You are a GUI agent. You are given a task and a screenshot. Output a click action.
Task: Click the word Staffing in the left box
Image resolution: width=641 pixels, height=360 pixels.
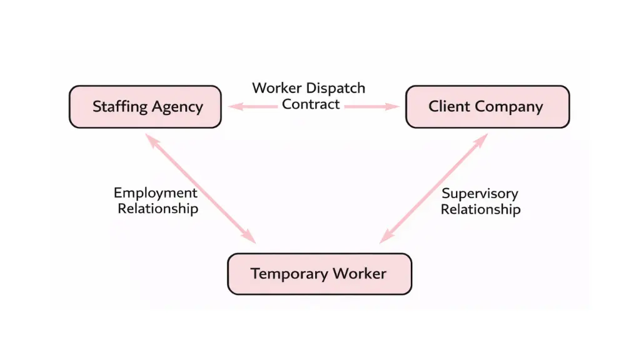click(118, 107)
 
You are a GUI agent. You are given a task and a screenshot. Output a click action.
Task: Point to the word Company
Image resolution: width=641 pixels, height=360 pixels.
click(508, 107)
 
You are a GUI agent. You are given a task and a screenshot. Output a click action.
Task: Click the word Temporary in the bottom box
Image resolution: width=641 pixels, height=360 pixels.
click(289, 274)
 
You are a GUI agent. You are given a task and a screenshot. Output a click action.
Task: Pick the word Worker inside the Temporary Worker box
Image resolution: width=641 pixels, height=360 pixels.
click(360, 274)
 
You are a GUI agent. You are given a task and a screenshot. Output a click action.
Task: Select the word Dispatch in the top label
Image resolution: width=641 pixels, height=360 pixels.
click(336, 88)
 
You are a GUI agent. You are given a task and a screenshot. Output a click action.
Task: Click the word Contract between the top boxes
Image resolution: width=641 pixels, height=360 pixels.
click(311, 104)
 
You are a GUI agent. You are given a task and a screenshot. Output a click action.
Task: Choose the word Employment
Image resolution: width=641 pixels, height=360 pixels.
click(156, 193)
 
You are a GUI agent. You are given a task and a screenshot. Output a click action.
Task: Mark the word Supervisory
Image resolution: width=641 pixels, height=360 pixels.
click(480, 194)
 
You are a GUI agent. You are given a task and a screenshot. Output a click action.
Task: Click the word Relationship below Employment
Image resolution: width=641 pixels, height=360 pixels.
click(158, 209)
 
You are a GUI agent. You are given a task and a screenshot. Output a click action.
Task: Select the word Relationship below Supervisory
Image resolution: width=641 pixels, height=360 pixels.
click(480, 209)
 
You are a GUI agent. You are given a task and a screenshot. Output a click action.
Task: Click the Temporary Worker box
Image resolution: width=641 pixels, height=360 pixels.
click(320, 274)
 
